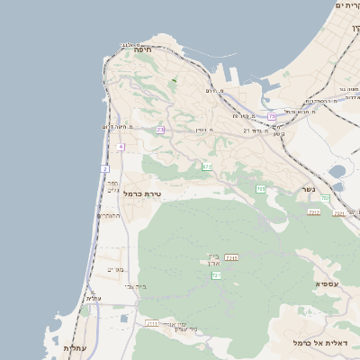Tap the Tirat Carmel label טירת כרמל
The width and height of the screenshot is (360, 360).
(142, 193)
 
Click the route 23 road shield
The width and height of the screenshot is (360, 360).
(160, 130)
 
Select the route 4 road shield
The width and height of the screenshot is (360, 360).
(120, 147)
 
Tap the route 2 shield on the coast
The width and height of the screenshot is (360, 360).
(104, 168)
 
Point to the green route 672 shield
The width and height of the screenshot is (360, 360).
(208, 166)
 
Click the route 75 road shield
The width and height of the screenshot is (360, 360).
(272, 116)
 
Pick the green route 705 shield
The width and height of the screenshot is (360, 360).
(260, 189)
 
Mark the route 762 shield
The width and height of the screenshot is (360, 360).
(325, 198)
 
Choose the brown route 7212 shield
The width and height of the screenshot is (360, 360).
(314, 211)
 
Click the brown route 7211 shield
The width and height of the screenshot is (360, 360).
(231, 258)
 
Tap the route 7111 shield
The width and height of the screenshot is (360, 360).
(152, 323)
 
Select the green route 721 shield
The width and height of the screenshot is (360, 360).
(217, 276)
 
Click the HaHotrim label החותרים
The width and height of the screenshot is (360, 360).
(109, 216)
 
